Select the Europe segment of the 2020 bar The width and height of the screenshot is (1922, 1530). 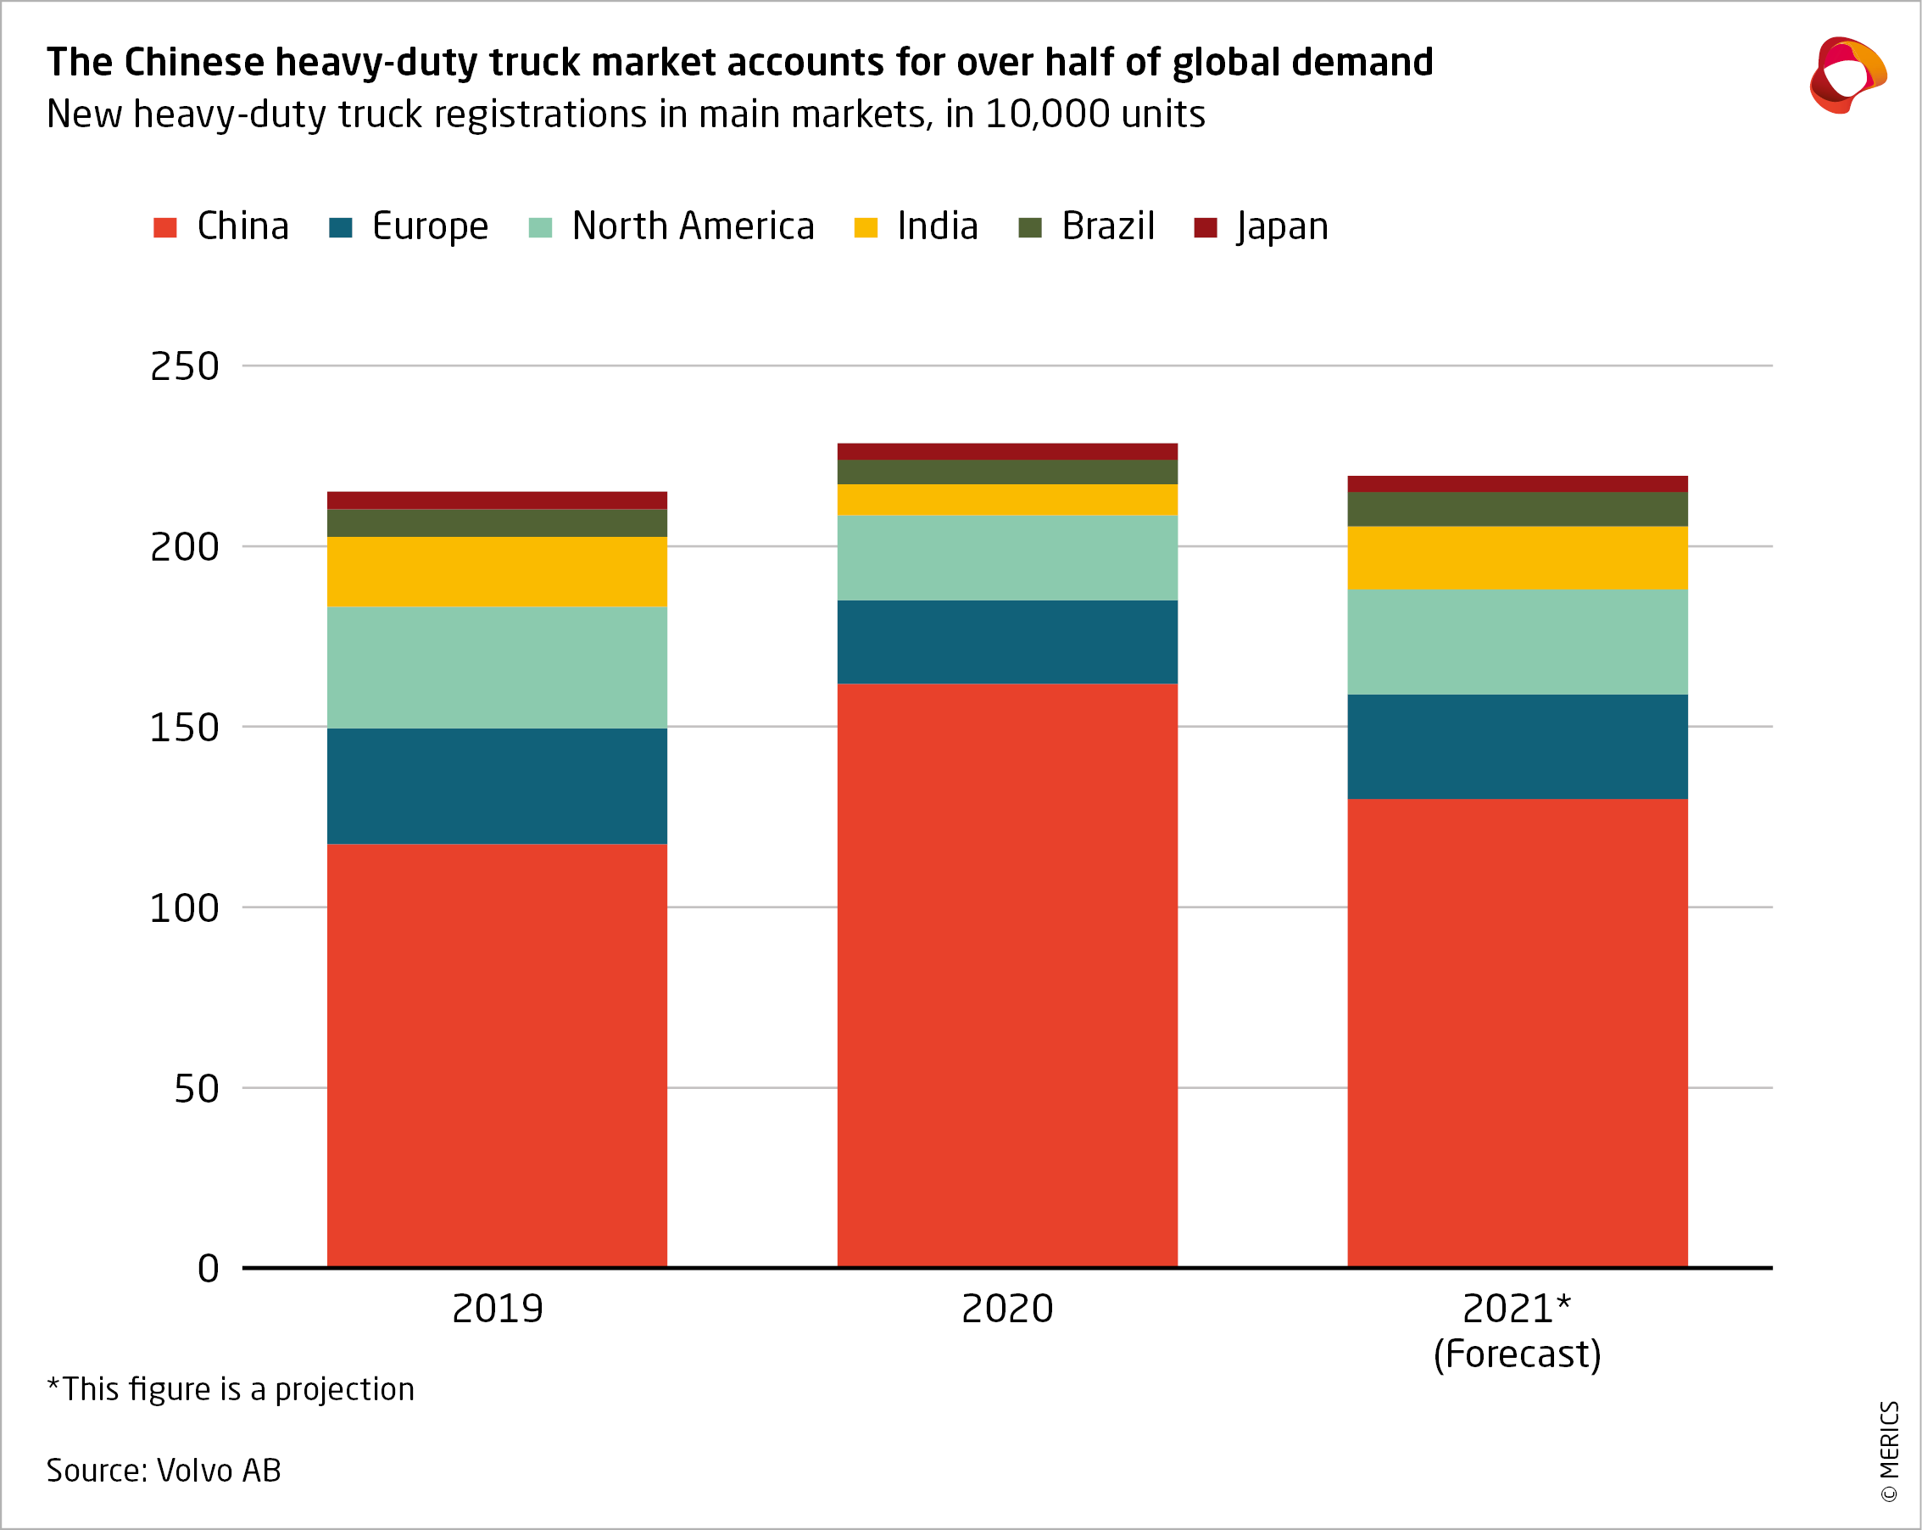[1006, 642]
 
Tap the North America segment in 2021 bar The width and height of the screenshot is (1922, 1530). [1517, 642]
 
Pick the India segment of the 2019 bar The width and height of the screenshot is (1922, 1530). [497, 572]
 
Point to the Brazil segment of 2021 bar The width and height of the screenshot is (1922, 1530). [1517, 509]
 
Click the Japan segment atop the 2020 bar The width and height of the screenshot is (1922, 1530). [1006, 451]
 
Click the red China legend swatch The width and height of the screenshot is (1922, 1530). [165, 227]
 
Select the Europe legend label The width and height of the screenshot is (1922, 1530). [430, 226]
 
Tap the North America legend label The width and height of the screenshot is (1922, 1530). [693, 226]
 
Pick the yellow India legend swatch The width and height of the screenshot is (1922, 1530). [865, 227]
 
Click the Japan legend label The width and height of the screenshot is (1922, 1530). [1282, 226]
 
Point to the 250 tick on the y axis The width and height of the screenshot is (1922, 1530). [185, 366]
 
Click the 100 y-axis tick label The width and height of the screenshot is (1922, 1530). [185, 908]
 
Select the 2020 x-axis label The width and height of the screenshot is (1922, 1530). [1006, 1309]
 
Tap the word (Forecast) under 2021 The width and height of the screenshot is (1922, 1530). [1517, 1354]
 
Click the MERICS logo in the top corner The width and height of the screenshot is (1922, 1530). [1847, 75]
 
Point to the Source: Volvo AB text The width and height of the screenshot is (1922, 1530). [163, 1471]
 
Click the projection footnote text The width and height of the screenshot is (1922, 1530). [230, 1389]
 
